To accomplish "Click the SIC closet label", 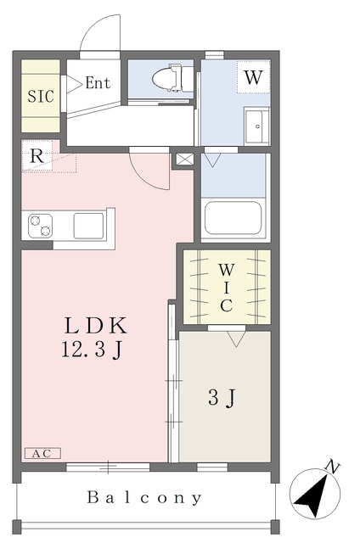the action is coord(41,96).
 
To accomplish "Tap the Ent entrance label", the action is coord(98,83).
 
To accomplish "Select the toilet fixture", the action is coord(168,78).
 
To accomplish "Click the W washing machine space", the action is coord(253,77).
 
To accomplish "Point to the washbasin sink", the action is coord(256,126).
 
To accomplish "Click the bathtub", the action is coord(233,218).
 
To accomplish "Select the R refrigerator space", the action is coord(37,156).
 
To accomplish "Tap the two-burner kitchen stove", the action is coord(40,226).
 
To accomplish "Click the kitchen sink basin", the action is coord(88,226).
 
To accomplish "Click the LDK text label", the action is coord(96,326).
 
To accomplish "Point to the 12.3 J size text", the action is coord(92,349).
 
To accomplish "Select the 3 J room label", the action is coord(222,397).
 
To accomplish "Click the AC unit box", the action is coord(42,453).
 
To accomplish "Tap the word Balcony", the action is coord(144,498).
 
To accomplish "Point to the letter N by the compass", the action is coord(333,467).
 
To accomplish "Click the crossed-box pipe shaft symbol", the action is coord(185,160).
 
